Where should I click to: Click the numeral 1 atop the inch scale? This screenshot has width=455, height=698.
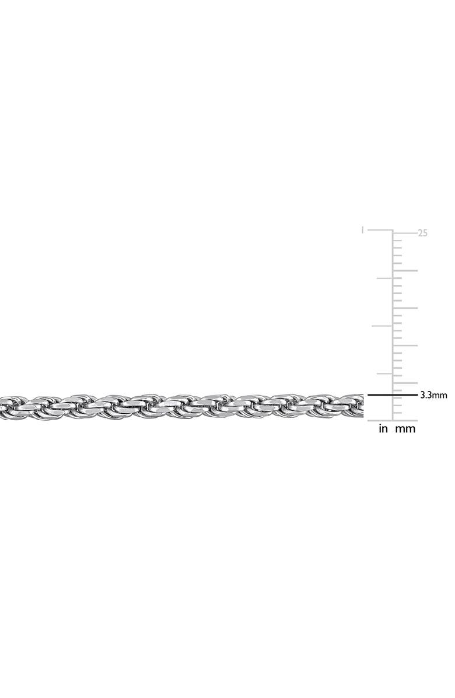click(363, 230)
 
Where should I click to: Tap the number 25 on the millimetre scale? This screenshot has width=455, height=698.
click(422, 233)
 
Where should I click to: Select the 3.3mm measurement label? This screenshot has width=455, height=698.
click(433, 395)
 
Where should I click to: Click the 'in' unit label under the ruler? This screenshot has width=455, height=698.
click(383, 429)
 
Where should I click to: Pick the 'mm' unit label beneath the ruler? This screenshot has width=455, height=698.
click(405, 429)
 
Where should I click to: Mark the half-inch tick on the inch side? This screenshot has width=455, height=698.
click(382, 326)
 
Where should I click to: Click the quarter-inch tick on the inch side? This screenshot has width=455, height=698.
click(385, 374)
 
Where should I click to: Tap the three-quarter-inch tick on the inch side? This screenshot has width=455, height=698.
click(385, 278)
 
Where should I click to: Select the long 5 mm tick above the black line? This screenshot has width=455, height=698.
click(405, 383)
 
